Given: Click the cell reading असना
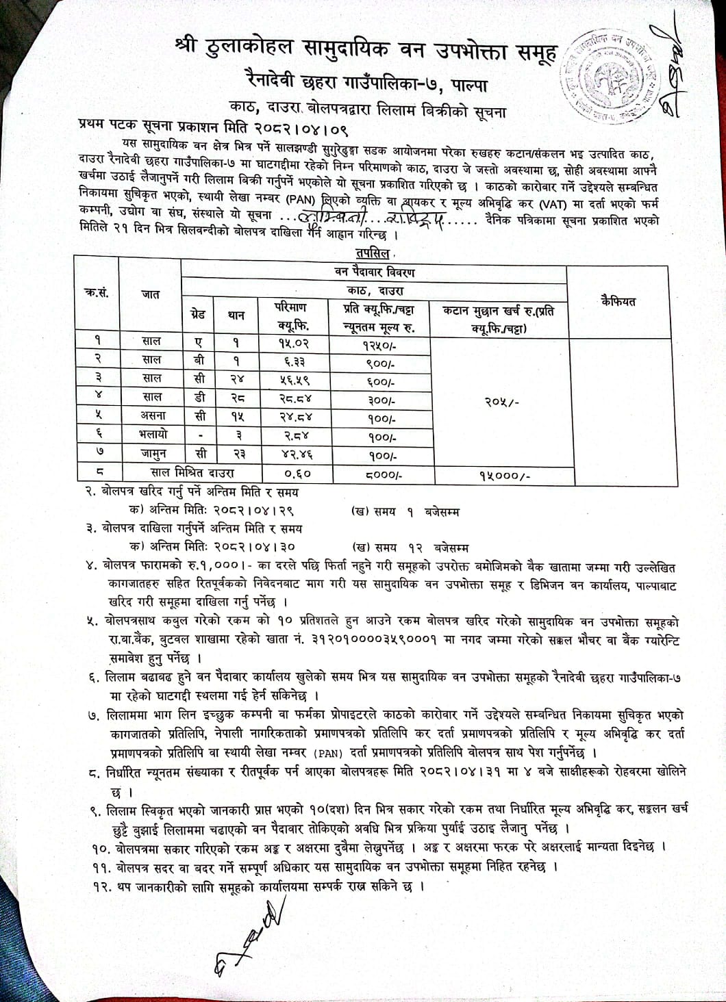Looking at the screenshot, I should click(151, 415).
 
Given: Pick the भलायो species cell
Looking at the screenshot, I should click(151, 434).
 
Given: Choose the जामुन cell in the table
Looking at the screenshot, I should click(151, 452).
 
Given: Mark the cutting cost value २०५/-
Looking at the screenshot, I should click(500, 404).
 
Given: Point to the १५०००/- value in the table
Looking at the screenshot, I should click(500, 473).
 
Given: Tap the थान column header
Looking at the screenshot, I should click(235, 316).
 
